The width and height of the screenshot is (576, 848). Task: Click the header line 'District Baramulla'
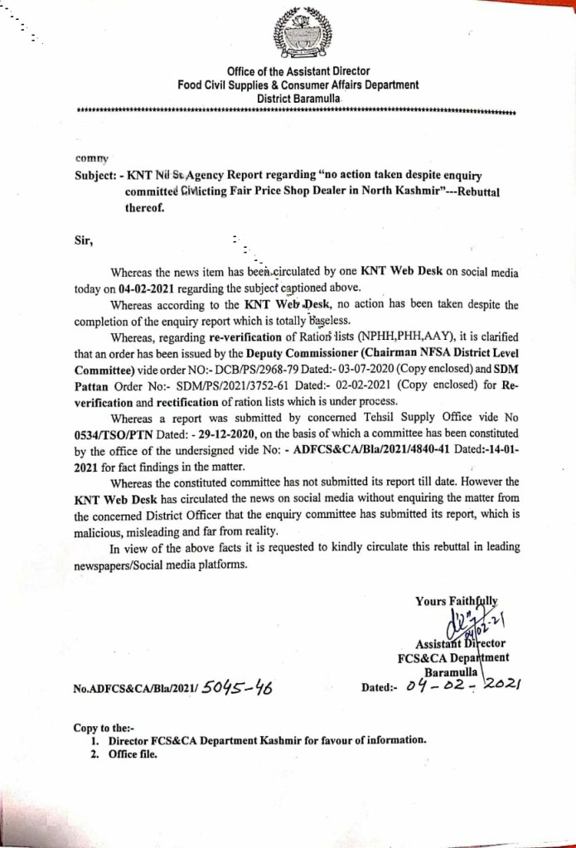coord(298,98)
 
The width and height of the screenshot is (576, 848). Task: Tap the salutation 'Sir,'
coord(85,241)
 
